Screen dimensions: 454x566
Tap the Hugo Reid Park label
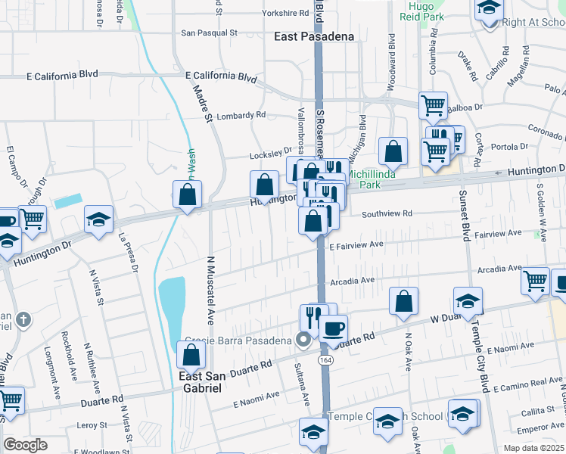click(x=421, y=11)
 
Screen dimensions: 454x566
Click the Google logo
click(x=26, y=445)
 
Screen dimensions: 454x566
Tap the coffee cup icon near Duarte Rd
click(x=333, y=328)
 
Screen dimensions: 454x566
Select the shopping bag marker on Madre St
click(x=187, y=194)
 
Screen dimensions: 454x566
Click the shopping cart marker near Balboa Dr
click(x=433, y=105)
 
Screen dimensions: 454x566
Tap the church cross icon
click(x=23, y=319)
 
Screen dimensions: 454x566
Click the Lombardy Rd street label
click(x=241, y=116)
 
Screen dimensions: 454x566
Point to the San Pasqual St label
click(x=210, y=33)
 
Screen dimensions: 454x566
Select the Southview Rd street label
click(x=386, y=214)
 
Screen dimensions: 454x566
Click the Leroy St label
click(x=92, y=426)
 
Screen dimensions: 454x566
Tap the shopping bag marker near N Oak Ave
click(x=404, y=300)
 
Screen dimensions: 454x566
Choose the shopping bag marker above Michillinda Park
click(x=393, y=151)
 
